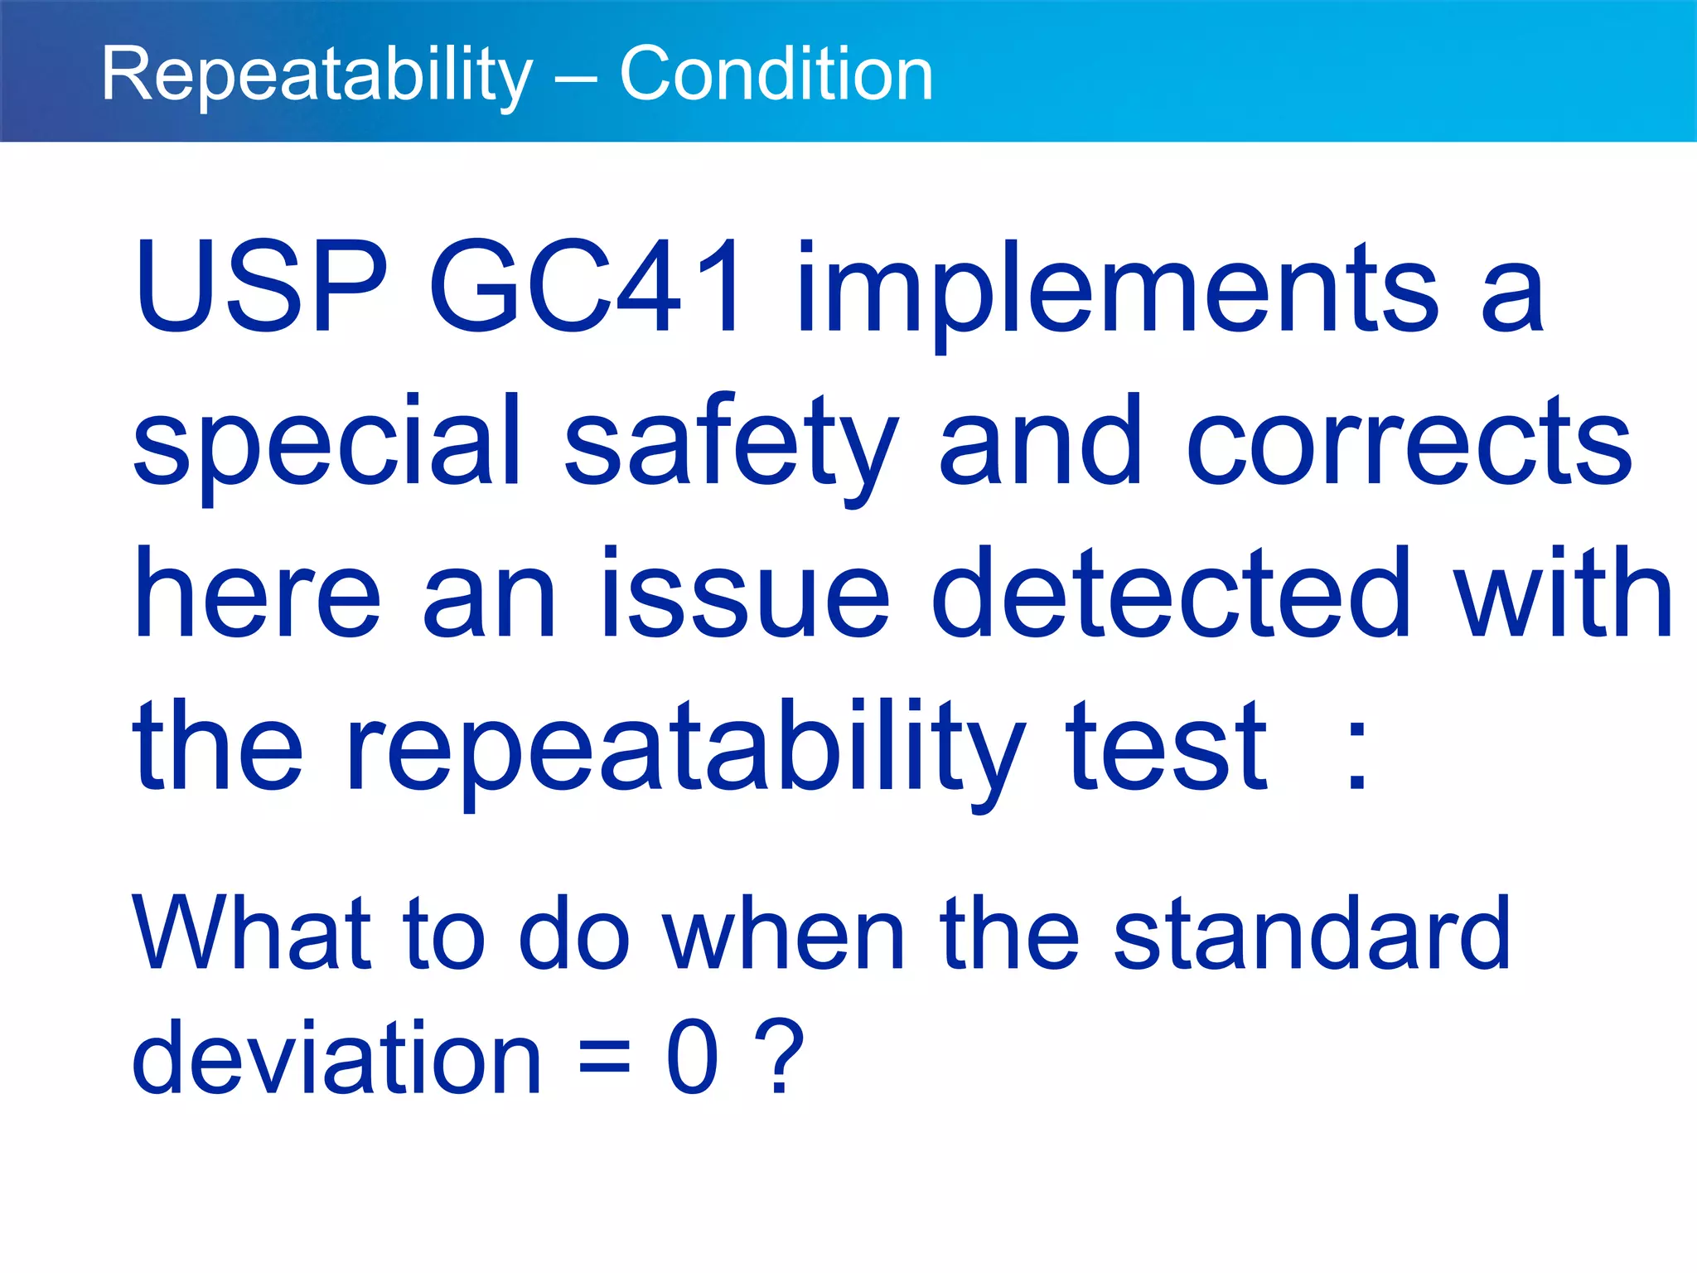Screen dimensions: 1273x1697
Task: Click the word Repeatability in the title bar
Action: click(317, 75)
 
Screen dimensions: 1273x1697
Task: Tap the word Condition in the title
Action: click(776, 75)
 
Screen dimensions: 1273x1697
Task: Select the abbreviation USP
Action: click(260, 287)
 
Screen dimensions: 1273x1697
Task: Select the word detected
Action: click(1171, 593)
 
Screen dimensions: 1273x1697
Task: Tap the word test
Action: click(1166, 746)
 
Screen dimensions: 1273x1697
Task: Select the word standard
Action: click(1312, 934)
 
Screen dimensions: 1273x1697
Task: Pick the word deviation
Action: click(336, 1058)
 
